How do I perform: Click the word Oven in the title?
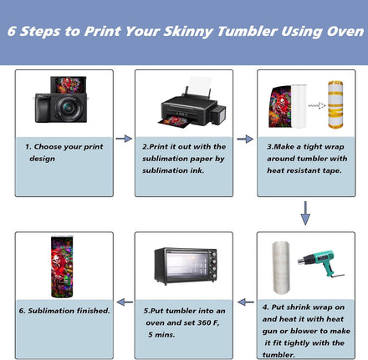coord(345,31)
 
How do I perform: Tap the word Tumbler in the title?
coord(248,31)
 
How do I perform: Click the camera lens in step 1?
coord(68,108)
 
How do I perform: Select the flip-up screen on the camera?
coord(69,85)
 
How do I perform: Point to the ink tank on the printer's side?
coord(218,114)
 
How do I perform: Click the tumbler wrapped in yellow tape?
coord(335,104)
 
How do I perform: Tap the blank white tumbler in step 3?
coord(299,106)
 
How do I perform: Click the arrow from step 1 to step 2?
coord(124,139)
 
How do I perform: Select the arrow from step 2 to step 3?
coord(245,139)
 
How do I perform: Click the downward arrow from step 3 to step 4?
coord(305,213)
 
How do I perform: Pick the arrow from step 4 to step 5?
coord(246,302)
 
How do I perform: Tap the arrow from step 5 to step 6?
coord(125,302)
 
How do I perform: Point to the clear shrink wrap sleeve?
coord(281,267)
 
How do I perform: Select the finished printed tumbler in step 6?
coord(62,267)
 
